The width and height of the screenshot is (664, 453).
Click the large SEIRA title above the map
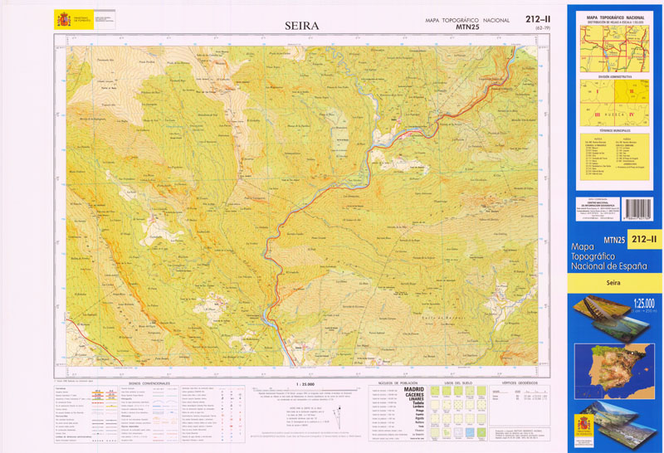302,26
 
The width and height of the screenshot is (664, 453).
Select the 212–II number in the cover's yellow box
644,240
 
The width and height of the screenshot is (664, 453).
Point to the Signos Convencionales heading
149,383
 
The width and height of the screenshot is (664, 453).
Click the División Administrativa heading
614,75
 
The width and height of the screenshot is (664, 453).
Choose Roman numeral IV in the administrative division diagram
631,114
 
